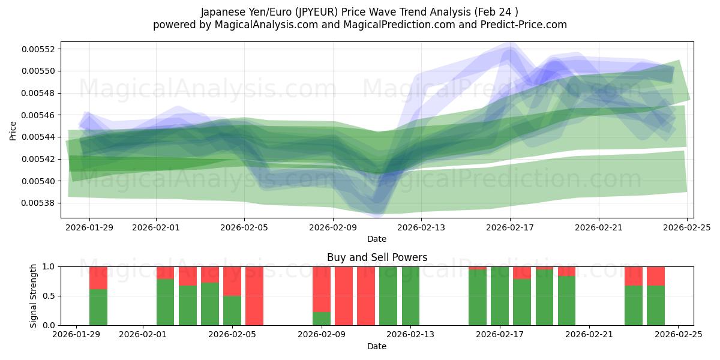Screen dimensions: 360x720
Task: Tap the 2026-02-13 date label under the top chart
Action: tap(421, 227)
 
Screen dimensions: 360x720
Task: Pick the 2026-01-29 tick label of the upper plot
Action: tap(89, 227)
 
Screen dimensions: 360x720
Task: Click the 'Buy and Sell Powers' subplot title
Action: tap(377, 257)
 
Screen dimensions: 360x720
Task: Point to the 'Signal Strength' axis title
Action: tap(34, 296)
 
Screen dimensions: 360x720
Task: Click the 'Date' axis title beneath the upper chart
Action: tap(377, 239)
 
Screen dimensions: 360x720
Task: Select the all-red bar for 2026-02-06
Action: tap(254, 296)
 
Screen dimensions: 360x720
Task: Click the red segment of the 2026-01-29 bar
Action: tap(98, 278)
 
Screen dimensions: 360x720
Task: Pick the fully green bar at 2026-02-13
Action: tap(410, 296)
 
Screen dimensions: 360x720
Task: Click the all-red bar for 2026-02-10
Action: tap(344, 296)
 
